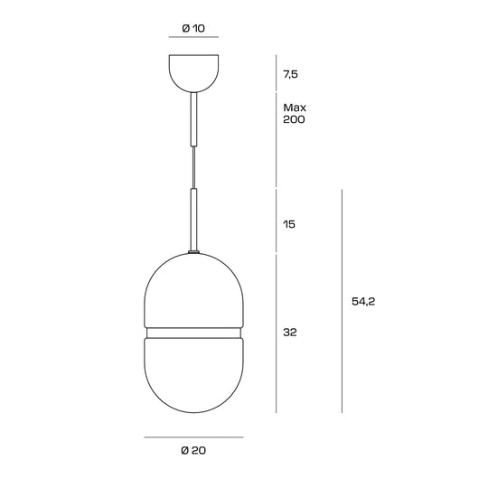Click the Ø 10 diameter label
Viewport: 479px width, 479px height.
point(193,28)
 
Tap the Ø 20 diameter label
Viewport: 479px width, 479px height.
point(193,450)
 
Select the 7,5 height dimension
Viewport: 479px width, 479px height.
point(290,74)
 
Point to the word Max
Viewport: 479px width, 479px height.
point(295,108)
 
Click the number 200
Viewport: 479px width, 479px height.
point(294,119)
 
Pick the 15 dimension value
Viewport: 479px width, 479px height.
point(289,224)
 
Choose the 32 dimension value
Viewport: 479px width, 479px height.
point(290,332)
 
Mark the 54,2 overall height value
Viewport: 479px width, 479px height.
point(363,302)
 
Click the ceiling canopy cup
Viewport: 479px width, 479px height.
point(194,73)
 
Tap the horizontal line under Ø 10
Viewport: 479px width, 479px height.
point(193,37)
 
